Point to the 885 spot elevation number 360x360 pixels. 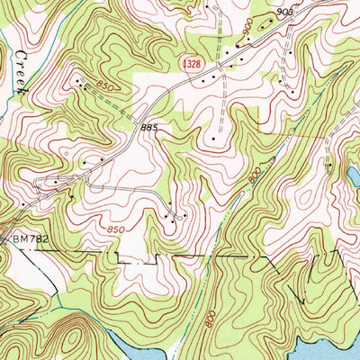pos(149,129)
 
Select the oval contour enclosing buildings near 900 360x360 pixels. pos(261,26)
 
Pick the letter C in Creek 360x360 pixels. pos(17,58)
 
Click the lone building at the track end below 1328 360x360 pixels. pos(213,139)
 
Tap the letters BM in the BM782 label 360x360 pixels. pos(19,239)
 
